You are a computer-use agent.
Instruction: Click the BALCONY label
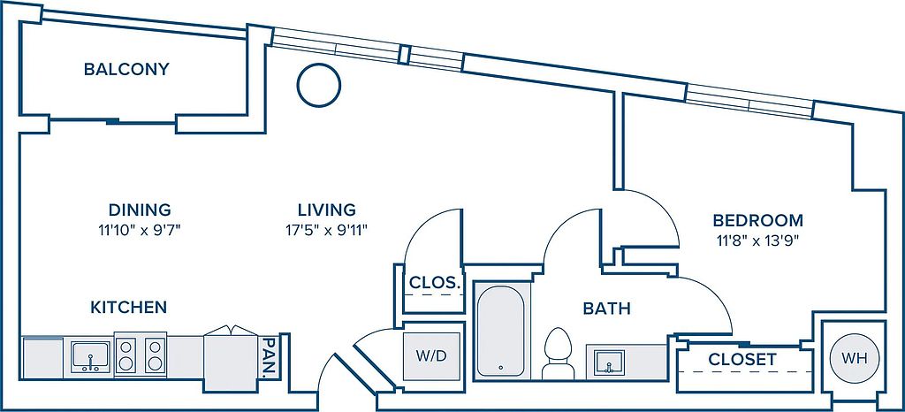126,69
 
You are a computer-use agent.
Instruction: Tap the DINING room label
140,209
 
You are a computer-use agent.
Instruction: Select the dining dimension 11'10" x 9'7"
141,230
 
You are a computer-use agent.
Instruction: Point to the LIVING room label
327,209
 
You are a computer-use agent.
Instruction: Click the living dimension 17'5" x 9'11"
327,230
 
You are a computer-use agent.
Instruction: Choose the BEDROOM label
757,220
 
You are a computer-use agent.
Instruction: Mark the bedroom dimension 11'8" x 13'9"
757,241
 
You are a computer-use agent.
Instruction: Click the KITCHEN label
129,308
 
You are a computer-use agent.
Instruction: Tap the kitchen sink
91,356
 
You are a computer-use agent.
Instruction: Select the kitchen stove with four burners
141,355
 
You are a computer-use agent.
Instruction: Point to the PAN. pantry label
269,357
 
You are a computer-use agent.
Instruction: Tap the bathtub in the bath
501,330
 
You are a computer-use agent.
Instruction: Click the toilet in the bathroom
559,354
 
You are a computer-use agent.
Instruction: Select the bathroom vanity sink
607,362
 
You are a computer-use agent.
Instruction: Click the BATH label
606,309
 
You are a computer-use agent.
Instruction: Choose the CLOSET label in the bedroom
742,360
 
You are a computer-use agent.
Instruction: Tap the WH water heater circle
855,358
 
